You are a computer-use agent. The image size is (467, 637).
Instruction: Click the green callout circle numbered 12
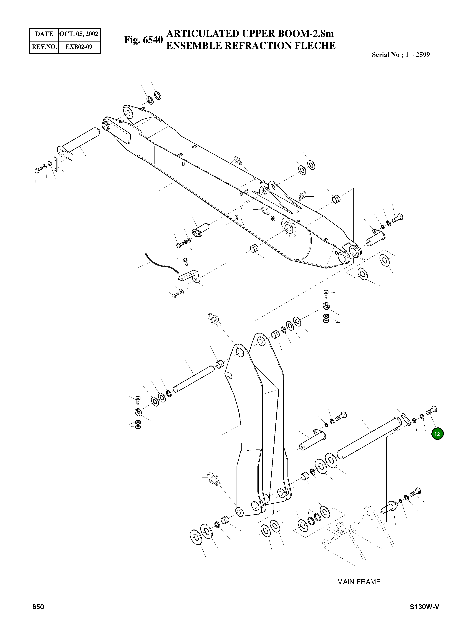(437, 434)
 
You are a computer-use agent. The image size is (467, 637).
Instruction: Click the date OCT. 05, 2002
(79, 34)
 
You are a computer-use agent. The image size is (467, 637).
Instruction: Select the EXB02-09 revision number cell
(79, 47)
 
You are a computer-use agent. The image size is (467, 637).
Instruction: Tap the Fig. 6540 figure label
(143, 40)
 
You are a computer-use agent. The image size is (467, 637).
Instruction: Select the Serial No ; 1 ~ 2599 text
(400, 55)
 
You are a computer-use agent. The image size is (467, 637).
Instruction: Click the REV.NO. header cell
(44, 47)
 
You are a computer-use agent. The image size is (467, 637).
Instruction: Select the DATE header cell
(44, 34)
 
